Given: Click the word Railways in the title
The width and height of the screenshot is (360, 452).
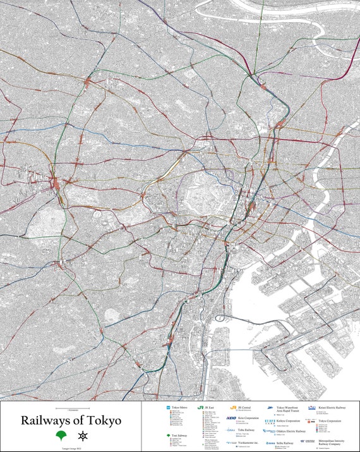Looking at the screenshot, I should [45, 420].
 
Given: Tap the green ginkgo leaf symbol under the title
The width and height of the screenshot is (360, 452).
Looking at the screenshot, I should [61, 436].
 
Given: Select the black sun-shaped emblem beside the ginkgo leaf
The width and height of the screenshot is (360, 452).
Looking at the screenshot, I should [82, 436].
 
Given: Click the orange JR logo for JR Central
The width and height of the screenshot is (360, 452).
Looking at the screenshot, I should [234, 408].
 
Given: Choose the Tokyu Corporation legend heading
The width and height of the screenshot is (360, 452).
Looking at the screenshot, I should [333, 420].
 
